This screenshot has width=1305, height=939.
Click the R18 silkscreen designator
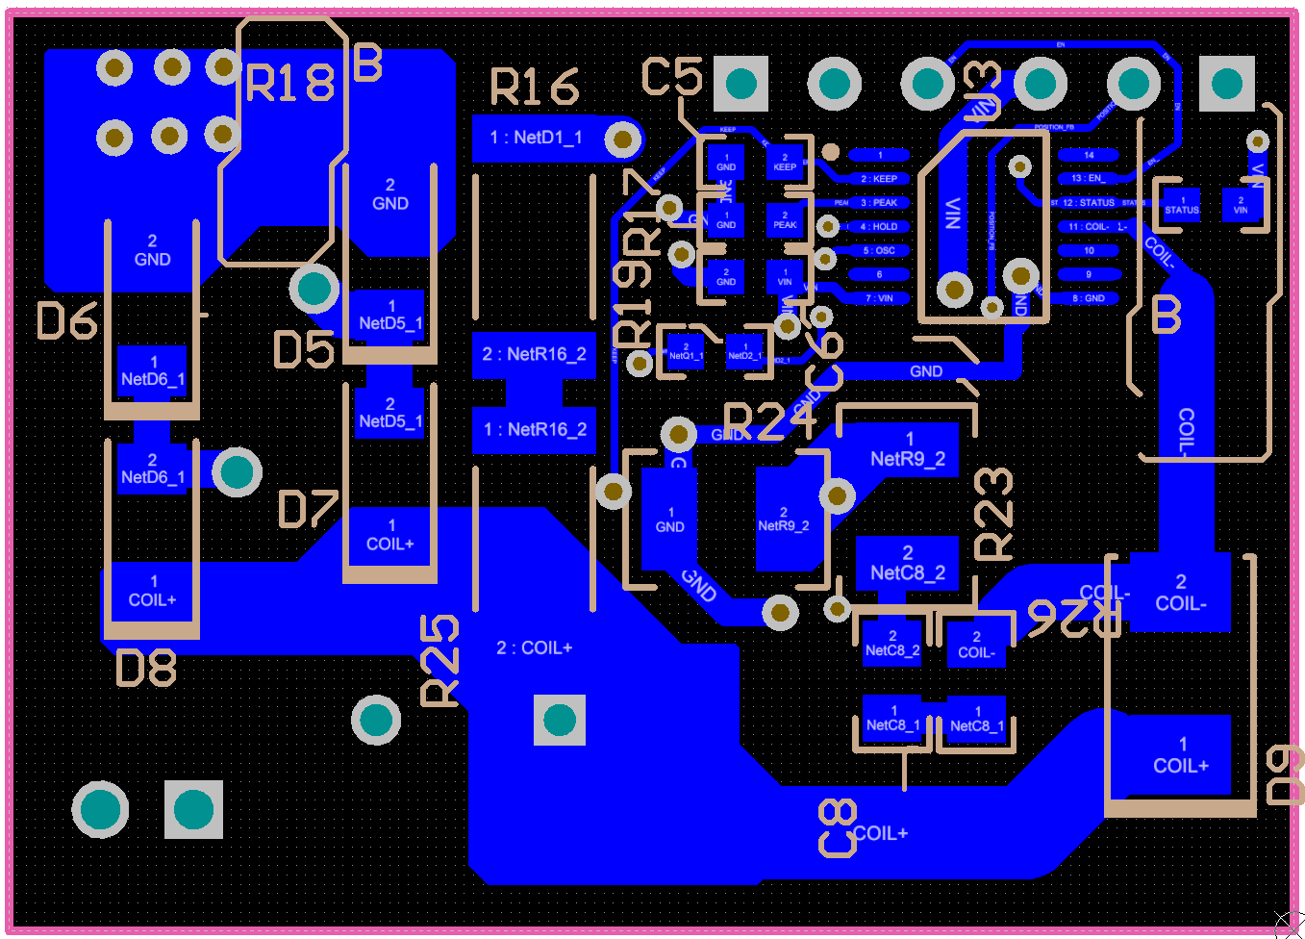[289, 83]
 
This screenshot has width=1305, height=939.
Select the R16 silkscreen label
[535, 87]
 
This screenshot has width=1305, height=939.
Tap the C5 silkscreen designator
[672, 76]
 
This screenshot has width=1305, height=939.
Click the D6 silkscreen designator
[67, 320]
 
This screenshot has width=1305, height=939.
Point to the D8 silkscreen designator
[146, 667]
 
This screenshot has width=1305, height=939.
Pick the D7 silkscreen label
[308, 509]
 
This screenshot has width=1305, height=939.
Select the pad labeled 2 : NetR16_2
[535, 354]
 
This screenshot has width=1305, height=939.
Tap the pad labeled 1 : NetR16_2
[535, 429]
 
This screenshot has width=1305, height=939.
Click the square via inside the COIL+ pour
[560, 719]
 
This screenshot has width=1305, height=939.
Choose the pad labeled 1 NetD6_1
[152, 371]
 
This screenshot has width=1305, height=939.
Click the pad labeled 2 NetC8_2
[907, 564]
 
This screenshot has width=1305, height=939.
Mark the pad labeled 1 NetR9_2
[907, 450]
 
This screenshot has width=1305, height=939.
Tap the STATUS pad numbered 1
[1182, 205]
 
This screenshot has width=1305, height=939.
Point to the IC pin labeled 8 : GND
[1088, 298]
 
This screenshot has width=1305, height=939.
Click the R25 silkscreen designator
[440, 662]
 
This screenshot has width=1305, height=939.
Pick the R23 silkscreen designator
[993, 514]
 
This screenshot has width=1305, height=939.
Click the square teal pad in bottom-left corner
[193, 809]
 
